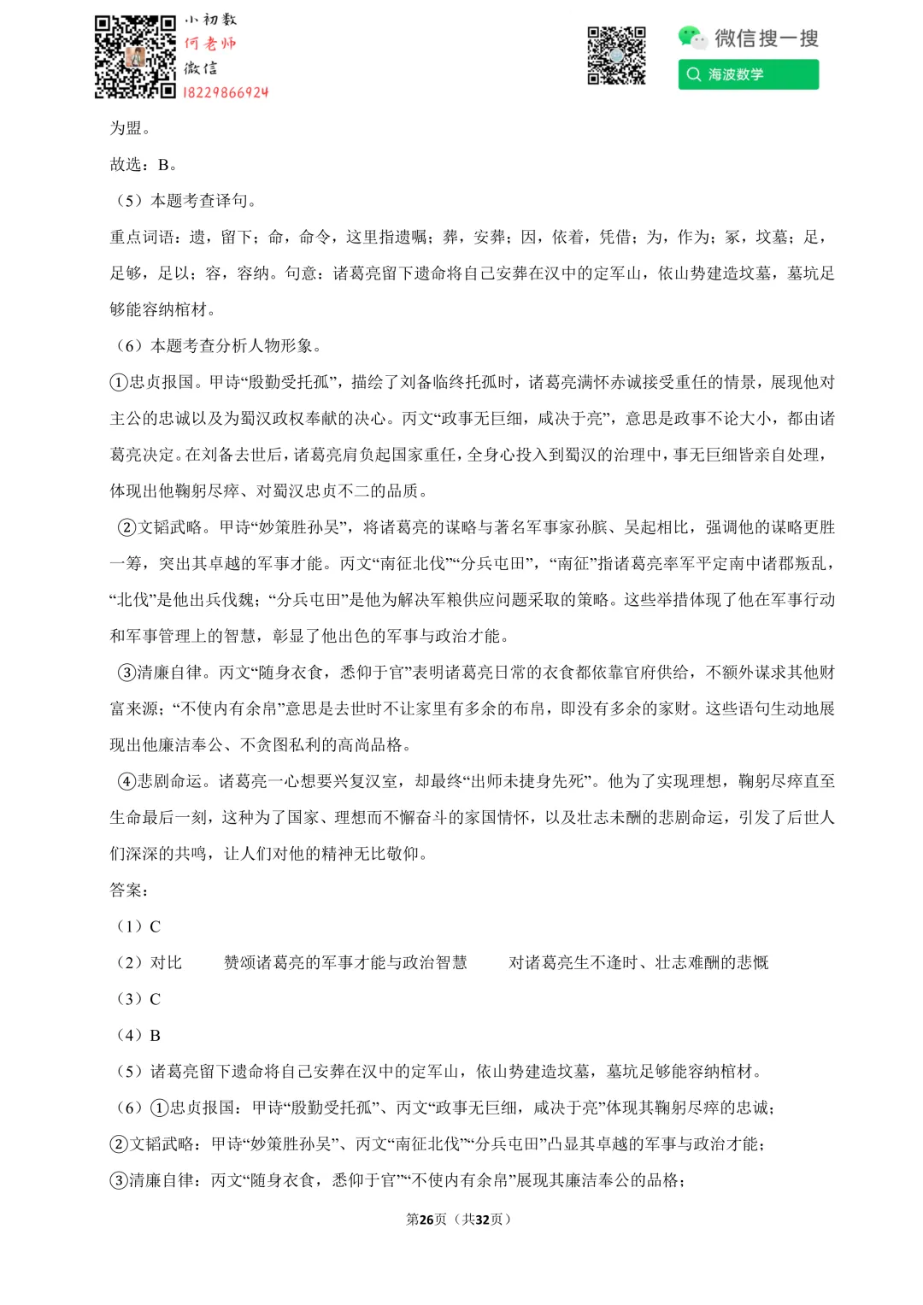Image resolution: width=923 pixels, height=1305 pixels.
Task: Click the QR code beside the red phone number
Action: pos(135,56)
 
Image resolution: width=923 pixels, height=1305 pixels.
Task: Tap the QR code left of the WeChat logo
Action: pos(616,56)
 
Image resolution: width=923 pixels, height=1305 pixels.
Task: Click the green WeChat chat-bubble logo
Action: pos(691,37)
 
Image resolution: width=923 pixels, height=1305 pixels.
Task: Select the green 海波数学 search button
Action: pos(748,74)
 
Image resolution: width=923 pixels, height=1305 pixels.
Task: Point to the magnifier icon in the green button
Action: pos(694,74)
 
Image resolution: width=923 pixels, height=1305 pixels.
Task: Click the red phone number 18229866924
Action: pos(226,92)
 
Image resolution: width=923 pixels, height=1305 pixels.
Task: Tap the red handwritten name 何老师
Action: pos(210,43)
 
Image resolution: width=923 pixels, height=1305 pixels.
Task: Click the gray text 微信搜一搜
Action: pos(767,38)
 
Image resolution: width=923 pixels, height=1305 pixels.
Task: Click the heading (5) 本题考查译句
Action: pos(185,201)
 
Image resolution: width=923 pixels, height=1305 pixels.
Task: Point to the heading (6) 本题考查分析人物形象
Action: pos(218,346)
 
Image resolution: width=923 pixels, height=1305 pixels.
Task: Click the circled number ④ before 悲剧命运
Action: pos(126,781)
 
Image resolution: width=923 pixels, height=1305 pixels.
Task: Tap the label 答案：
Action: pos(130,891)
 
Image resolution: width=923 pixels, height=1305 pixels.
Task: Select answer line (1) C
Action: pos(138,926)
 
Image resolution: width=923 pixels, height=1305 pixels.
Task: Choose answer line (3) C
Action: pos(138,999)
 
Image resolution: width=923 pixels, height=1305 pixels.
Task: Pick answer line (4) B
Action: pos(138,1035)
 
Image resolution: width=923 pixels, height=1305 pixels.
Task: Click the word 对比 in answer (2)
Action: pos(167,963)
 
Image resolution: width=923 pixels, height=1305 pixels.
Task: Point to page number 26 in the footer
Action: pos(426,1220)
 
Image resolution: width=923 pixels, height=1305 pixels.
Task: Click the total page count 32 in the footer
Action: pos(483,1220)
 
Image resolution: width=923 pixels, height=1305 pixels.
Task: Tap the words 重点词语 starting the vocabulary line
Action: pos(142,238)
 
